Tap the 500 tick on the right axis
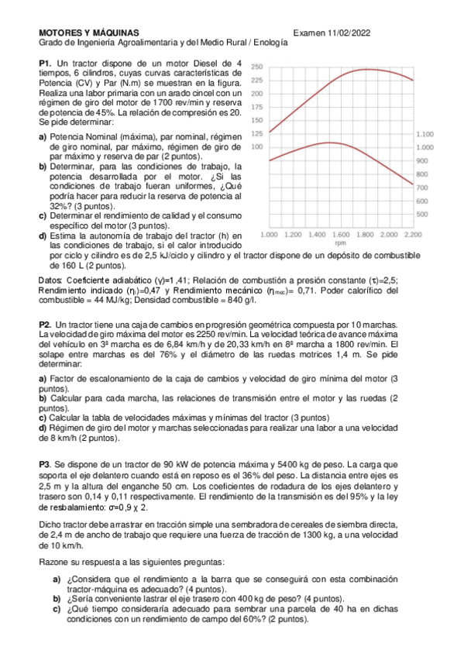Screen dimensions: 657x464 point(422,214)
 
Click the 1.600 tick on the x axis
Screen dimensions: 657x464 point(341,233)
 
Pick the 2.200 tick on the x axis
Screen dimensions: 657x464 point(413,233)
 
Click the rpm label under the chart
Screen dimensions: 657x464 point(341,242)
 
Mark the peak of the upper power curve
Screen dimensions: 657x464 point(365,69)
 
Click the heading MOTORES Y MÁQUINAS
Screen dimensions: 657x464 point(89,33)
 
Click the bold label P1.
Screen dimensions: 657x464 point(44,63)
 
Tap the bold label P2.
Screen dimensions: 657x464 point(44,324)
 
